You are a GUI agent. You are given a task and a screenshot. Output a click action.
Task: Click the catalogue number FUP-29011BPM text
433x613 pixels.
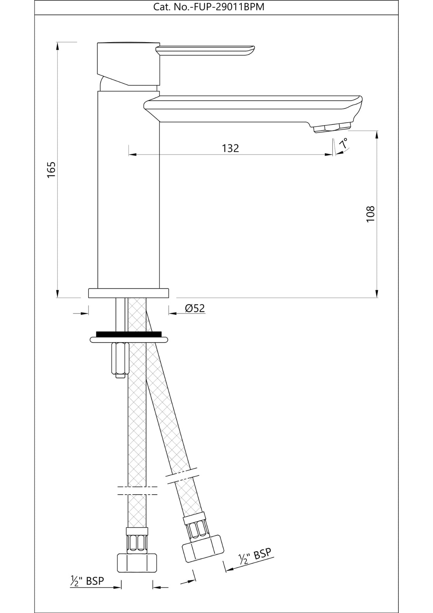[x=209, y=7]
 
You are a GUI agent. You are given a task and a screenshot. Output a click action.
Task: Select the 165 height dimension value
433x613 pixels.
[x=52, y=170]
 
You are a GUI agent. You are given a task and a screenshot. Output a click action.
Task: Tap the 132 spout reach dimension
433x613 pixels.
[x=230, y=148]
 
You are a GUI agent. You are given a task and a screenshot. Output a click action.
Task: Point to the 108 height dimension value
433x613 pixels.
[x=371, y=214]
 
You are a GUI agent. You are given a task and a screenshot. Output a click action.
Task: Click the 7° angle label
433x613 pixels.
[x=344, y=144]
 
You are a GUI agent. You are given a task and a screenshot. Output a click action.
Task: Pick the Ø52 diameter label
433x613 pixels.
[x=195, y=308]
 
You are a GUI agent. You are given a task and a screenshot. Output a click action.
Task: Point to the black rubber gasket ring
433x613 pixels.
[x=129, y=334]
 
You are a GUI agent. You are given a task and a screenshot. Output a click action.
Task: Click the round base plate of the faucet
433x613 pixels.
[x=128, y=293]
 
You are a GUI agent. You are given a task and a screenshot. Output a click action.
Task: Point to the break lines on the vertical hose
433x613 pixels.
[x=137, y=490]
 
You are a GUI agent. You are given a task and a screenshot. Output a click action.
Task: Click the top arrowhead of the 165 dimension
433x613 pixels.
[x=57, y=45]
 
